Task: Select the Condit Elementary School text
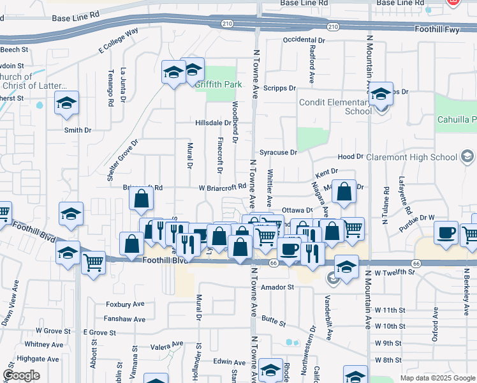coord(335,107)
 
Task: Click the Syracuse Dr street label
coord(278,153)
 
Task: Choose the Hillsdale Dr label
coord(213,123)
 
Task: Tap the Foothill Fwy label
coord(437,29)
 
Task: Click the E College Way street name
coord(119,41)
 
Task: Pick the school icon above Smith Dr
coord(66,104)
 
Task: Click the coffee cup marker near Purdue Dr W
coord(446,232)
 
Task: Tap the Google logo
coord(22,376)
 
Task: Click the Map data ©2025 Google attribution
coord(437,378)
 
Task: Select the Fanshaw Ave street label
coord(125,319)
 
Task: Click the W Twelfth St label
coord(394,273)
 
